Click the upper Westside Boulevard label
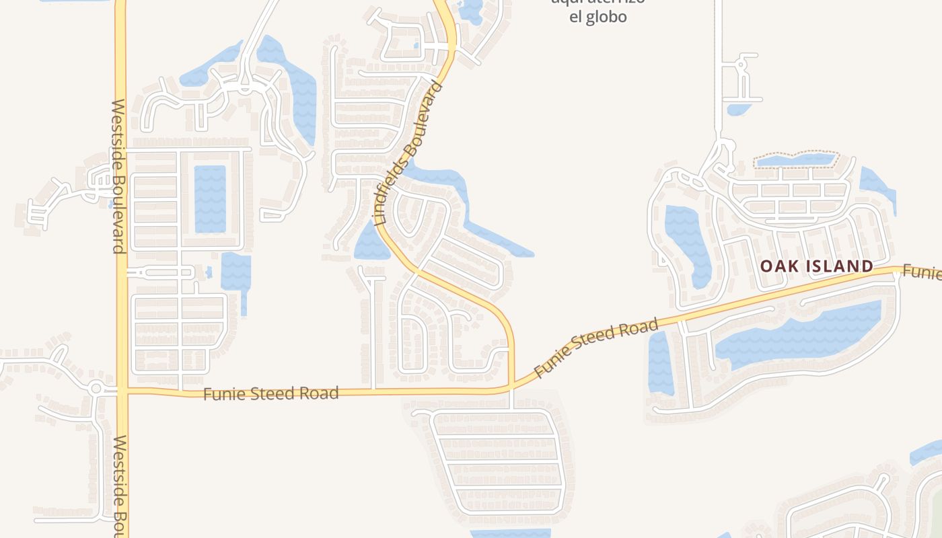[118, 176]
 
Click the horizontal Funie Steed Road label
[270, 393]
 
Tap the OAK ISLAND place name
[816, 266]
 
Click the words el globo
[597, 17]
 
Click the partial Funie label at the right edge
[922, 272]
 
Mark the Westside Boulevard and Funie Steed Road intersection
[122, 390]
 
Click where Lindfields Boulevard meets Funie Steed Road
[511, 387]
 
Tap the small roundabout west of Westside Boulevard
[96, 388]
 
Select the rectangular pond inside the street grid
[210, 199]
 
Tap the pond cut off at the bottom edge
[509, 533]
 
